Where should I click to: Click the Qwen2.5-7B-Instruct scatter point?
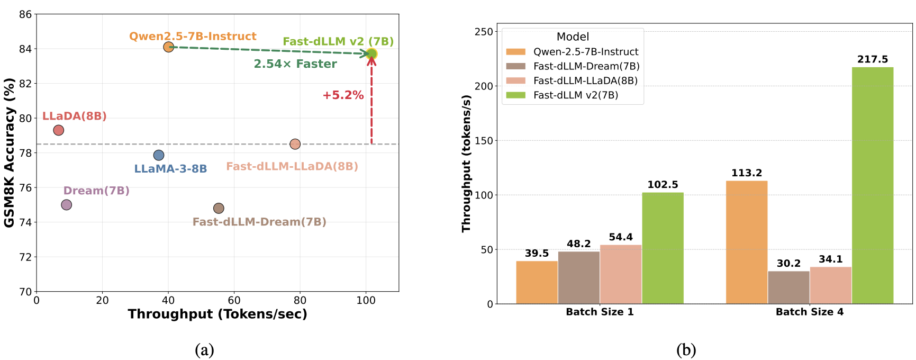point(168,47)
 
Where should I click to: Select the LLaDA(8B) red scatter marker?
point(59,130)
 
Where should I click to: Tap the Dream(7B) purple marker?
point(66,205)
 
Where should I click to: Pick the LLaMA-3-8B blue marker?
point(159,155)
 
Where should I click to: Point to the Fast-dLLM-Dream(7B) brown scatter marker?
point(219,209)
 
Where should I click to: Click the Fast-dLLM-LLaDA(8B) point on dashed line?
point(295,144)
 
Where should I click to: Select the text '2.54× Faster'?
point(295,64)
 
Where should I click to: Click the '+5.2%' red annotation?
point(343,95)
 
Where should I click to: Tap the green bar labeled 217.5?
point(872,185)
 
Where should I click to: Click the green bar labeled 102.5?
point(663,248)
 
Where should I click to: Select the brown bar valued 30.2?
point(788,287)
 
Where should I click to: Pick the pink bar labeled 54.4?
point(621,274)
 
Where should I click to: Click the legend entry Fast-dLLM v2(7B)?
point(575,95)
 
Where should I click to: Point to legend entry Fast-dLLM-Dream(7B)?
point(586,66)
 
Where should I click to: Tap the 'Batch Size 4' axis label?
point(809,312)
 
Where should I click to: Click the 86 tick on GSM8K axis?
point(25,14)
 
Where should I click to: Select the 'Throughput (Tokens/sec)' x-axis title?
point(217,314)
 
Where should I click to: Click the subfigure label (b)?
point(686,350)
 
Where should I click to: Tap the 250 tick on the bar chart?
point(484,32)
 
